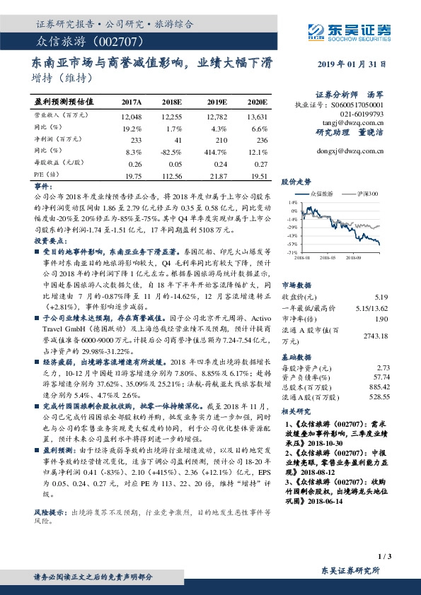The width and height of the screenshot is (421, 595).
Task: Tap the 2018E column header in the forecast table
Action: [x=172, y=102]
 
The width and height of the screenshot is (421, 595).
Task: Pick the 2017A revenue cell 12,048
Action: [x=132, y=114]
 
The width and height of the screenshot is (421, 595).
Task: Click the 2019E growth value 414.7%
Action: [x=215, y=152]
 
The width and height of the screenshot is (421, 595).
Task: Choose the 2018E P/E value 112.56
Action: [x=172, y=177]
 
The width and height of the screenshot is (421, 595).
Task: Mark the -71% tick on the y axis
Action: [x=292, y=252]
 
